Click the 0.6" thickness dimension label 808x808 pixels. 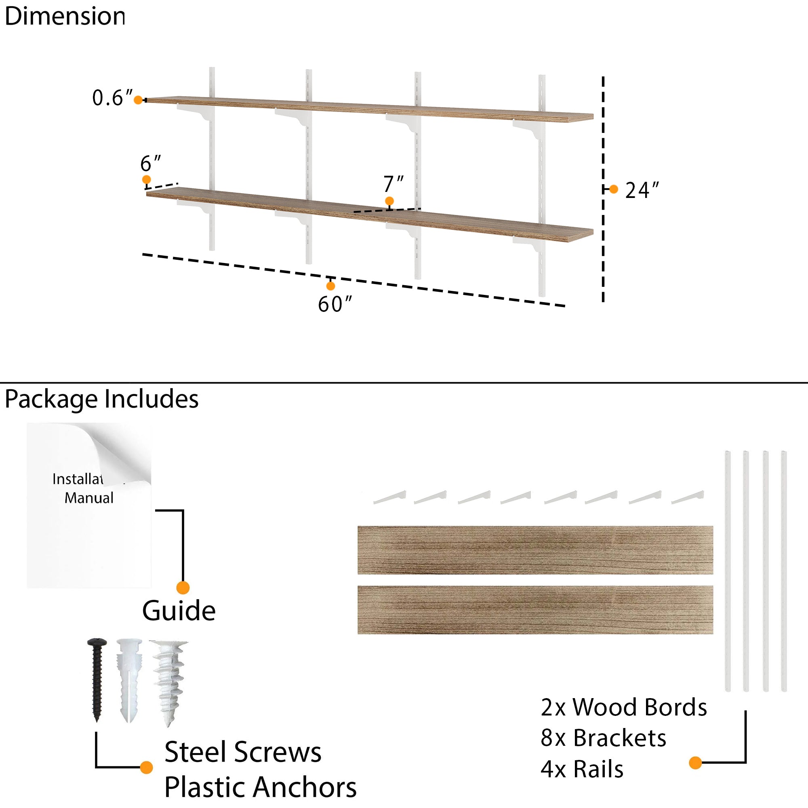point(112,98)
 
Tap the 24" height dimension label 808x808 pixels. point(642,190)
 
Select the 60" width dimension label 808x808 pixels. point(335,305)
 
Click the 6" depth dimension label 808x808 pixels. point(151,163)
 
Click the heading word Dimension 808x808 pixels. point(65,17)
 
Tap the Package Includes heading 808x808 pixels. point(102,399)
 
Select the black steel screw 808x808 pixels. point(97,679)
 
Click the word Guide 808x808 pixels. point(179,611)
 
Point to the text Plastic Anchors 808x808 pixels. point(260,787)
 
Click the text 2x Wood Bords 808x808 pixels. point(623,707)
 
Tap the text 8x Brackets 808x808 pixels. point(603,738)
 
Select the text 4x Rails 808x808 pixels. point(582,769)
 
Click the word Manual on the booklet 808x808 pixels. point(88,498)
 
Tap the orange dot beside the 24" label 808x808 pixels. point(614,189)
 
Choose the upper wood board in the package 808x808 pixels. point(535,550)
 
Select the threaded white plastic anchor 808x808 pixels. point(169,682)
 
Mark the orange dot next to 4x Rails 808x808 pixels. point(695,763)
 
